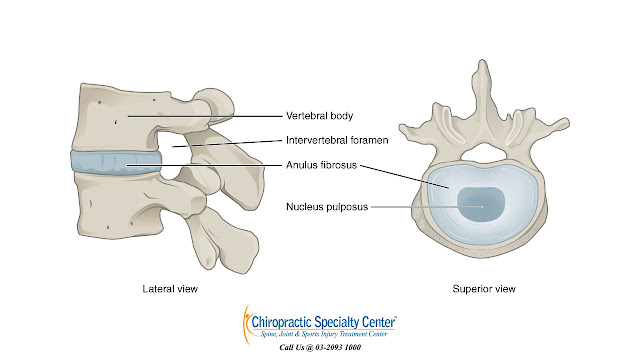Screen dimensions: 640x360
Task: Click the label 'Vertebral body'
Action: [x=319, y=116]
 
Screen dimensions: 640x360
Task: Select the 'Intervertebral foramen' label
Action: [x=337, y=140]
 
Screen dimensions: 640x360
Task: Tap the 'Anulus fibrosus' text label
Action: [x=321, y=165]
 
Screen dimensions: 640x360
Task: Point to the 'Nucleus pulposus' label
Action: [x=327, y=207]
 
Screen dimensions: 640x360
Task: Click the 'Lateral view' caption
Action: [x=170, y=289]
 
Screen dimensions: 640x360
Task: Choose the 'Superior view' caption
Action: [x=484, y=289]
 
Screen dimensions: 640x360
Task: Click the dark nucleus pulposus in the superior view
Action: [x=481, y=204]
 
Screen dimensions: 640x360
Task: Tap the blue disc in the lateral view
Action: [x=116, y=163]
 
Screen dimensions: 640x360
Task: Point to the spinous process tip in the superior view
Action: [x=483, y=61]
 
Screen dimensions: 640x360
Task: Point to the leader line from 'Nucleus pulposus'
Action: [x=427, y=207]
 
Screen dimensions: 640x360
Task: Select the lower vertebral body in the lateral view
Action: [x=118, y=205]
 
